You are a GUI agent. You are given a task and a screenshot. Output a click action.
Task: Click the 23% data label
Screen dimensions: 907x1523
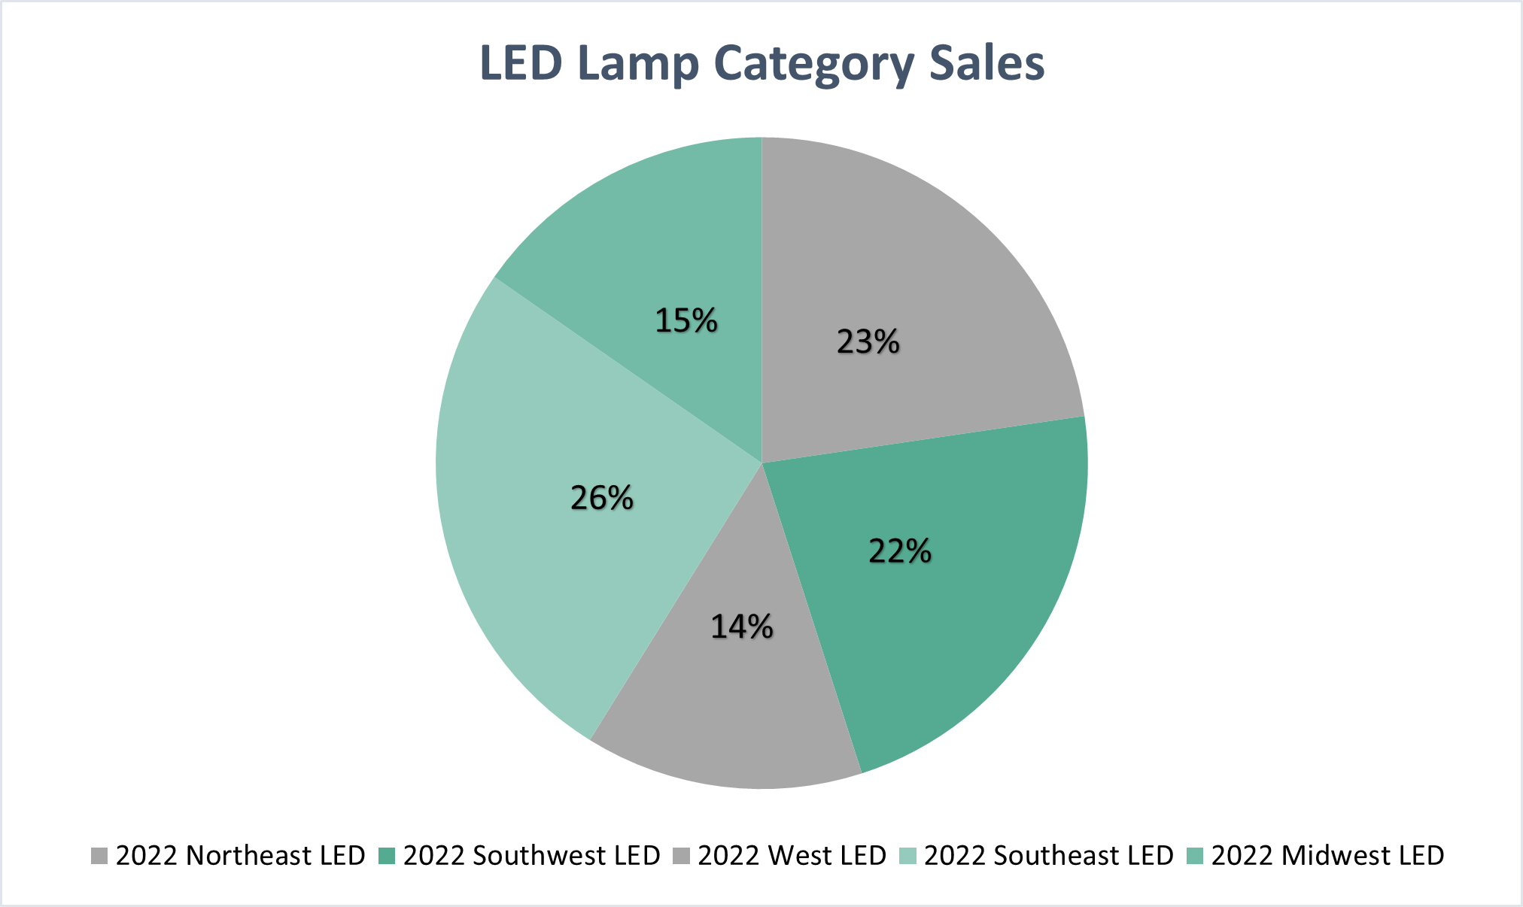tap(868, 342)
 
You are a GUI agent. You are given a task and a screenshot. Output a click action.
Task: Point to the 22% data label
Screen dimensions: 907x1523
tap(899, 551)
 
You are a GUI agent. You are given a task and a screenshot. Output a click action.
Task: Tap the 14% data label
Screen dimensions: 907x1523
tap(741, 626)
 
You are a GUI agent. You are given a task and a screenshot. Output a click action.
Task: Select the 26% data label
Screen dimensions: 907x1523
tap(601, 498)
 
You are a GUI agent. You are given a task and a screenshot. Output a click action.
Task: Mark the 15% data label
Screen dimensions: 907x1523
tap(686, 320)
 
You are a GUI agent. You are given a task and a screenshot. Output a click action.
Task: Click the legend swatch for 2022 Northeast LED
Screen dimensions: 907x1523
tap(99, 856)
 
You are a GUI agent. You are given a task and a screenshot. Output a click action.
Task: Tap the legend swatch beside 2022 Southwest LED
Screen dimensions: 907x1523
tap(387, 856)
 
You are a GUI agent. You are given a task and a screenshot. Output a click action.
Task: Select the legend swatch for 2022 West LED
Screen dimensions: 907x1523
tap(681, 856)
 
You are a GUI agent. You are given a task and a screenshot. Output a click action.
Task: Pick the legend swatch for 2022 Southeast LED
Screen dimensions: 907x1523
tap(908, 856)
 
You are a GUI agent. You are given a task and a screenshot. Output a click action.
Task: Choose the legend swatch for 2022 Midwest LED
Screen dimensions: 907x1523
tap(1195, 856)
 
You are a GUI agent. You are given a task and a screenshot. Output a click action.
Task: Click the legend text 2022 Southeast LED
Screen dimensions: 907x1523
tap(1048, 856)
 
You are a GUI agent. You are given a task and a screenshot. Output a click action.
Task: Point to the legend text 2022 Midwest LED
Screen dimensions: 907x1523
tap(1327, 856)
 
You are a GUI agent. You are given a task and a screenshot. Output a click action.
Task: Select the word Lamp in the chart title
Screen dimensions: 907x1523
tap(638, 64)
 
